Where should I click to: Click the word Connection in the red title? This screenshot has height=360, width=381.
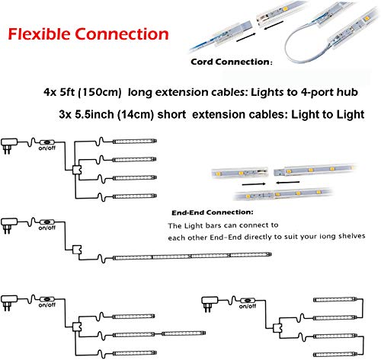pos(126,34)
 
